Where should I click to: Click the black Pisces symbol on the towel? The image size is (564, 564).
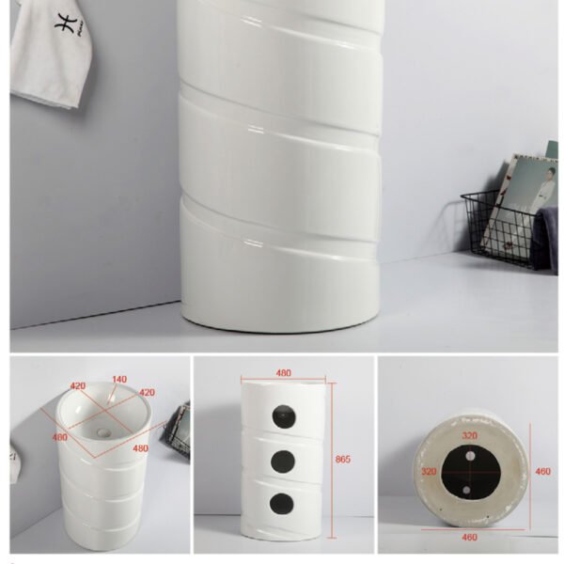[66, 23]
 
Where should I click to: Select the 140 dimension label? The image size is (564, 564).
[119, 379]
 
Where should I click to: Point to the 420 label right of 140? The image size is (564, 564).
[148, 392]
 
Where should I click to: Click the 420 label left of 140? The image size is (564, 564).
[78, 386]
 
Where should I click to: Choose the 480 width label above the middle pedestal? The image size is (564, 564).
[284, 373]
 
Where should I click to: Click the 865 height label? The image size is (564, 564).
[342, 459]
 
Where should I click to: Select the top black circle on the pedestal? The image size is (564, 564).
[284, 416]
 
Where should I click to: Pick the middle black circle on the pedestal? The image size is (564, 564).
[283, 462]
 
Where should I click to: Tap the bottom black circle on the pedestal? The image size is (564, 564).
[282, 504]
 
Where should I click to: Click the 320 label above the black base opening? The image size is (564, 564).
[470, 435]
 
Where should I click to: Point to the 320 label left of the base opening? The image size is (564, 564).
[429, 471]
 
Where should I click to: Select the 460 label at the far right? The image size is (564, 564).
[542, 471]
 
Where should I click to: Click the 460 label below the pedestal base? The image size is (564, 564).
[469, 537]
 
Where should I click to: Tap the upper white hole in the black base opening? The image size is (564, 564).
[470, 456]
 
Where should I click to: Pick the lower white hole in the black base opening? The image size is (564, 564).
[466, 490]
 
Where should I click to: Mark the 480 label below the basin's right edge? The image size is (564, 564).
[141, 448]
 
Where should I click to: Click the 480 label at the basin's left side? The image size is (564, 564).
[60, 437]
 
